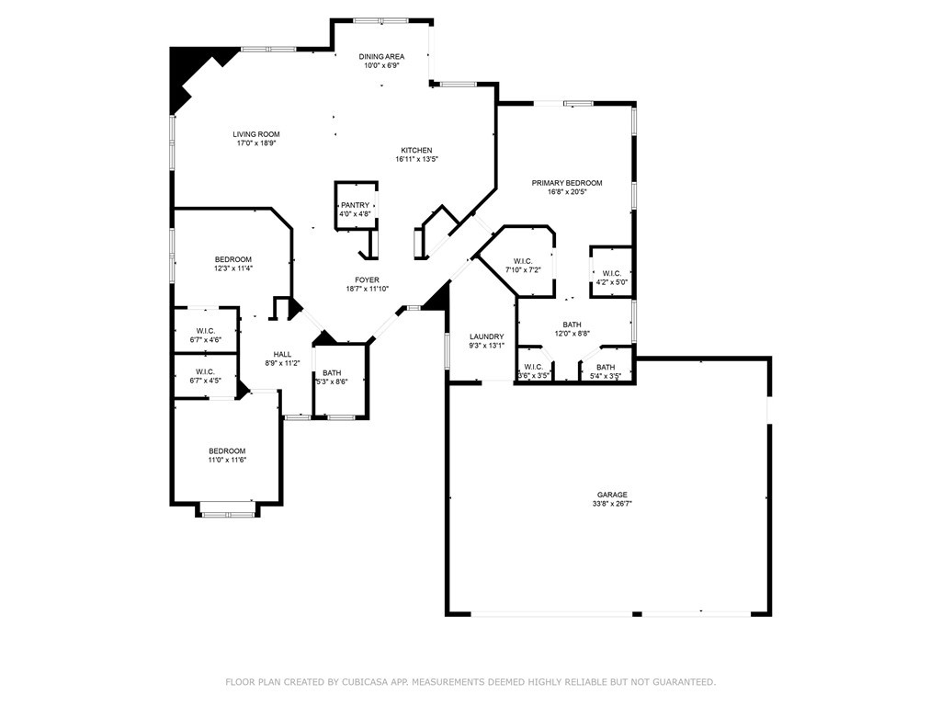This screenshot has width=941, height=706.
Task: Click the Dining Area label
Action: (381, 57)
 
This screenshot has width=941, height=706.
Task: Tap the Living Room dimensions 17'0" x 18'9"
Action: (255, 143)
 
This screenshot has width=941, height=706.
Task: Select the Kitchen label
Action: (415, 151)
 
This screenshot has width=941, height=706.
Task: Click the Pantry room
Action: (355, 210)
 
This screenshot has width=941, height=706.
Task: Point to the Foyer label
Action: (368, 280)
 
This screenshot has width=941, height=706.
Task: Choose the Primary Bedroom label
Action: (566, 183)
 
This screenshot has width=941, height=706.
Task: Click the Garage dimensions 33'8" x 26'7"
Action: (611, 504)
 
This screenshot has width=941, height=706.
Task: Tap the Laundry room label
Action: (486, 336)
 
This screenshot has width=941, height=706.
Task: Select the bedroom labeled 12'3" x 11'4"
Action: (233, 264)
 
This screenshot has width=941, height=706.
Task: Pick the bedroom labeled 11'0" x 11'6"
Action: (226, 455)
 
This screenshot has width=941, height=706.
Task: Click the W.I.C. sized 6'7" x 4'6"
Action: (205, 336)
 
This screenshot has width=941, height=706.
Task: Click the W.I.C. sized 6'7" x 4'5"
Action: (205, 376)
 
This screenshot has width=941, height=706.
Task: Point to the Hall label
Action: (282, 359)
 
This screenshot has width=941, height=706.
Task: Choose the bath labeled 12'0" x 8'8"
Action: (572, 329)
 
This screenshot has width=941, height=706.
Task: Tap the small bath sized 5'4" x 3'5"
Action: (605, 371)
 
